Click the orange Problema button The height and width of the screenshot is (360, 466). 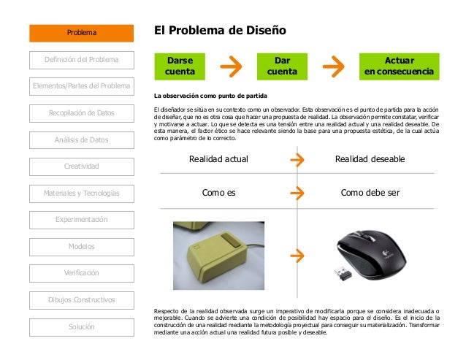(x=82, y=32)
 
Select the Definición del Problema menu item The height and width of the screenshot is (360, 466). (x=82, y=59)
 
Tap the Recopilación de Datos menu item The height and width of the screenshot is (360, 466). (x=82, y=113)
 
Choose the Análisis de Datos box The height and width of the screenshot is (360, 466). (x=82, y=139)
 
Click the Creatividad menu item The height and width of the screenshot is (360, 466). (x=82, y=166)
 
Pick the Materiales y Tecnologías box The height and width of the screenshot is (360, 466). (x=82, y=193)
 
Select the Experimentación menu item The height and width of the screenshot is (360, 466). (x=82, y=220)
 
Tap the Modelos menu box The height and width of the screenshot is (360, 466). (x=82, y=246)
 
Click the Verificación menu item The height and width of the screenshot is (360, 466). (x=82, y=273)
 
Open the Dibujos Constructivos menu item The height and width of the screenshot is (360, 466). (x=82, y=299)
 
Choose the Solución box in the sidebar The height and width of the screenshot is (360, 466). (x=82, y=326)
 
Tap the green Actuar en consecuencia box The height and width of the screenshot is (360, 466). (x=400, y=66)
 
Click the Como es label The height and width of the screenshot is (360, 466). (x=218, y=194)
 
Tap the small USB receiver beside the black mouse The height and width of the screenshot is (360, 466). (x=342, y=274)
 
